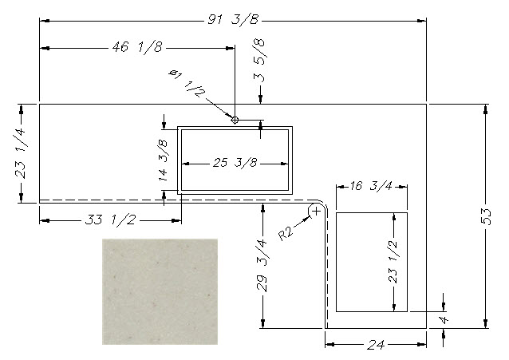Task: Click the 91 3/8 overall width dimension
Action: click(234, 20)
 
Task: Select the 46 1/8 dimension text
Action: click(137, 47)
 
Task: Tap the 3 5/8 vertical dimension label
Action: click(259, 61)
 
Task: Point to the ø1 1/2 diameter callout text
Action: click(187, 84)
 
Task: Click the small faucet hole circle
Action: click(235, 121)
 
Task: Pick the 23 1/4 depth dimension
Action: click(21, 153)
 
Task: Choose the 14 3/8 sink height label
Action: click(163, 160)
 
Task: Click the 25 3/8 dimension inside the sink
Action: click(235, 163)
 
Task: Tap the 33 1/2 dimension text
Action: click(110, 220)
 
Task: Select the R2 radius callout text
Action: click(286, 233)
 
